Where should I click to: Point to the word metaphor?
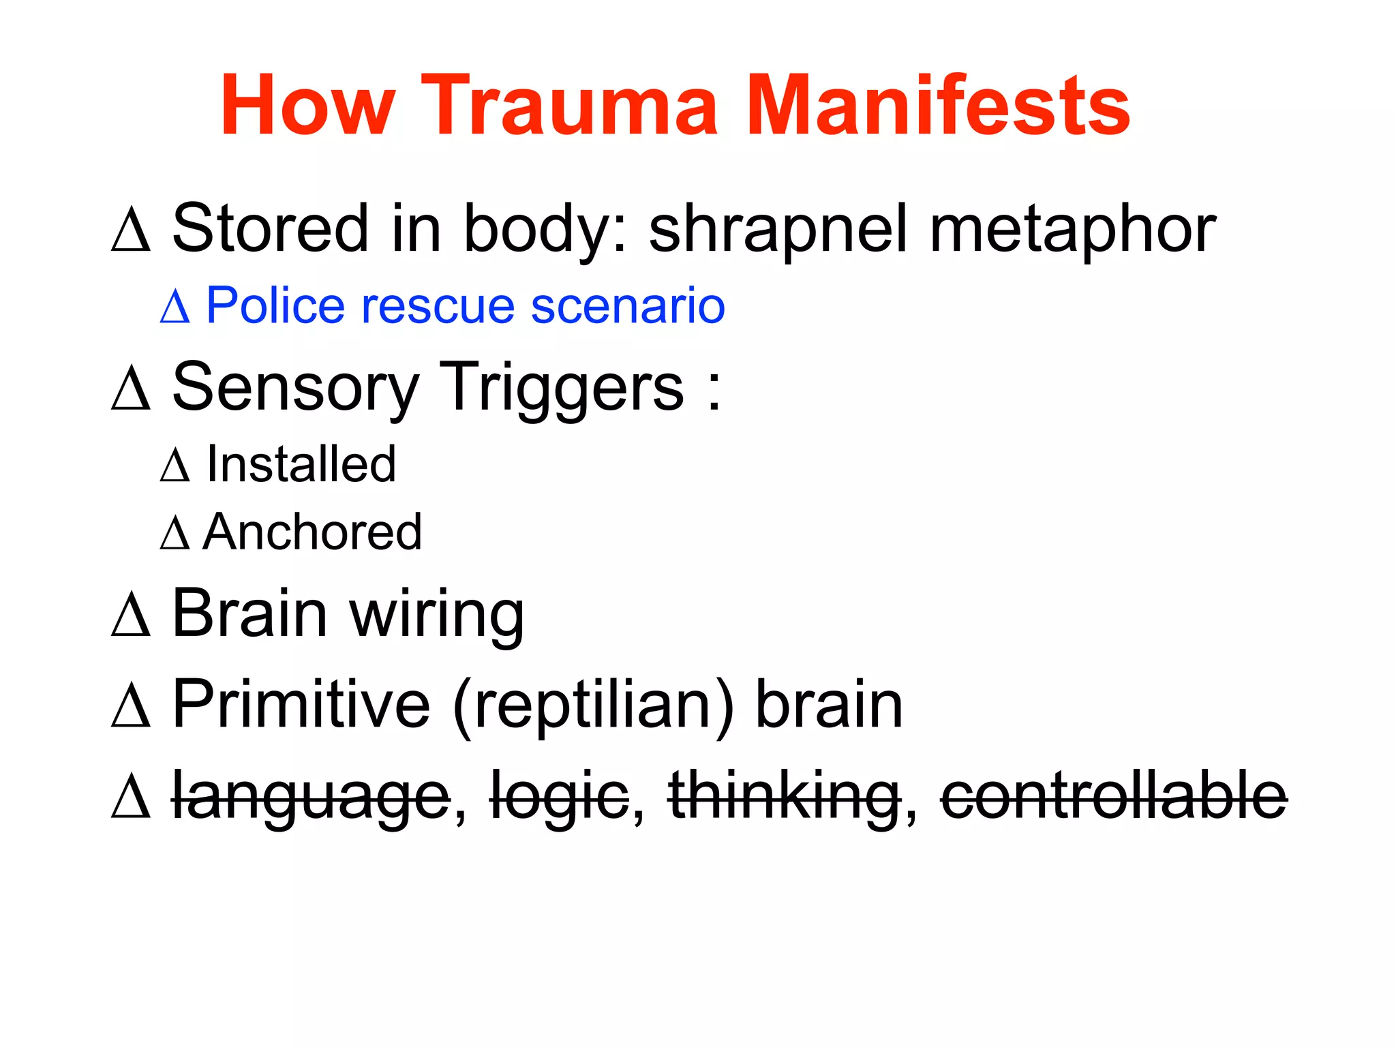tap(1073, 230)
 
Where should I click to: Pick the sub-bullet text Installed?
tap(301, 464)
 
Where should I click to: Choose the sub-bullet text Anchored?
tap(312, 532)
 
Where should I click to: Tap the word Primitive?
tap(301, 705)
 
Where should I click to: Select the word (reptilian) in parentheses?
tap(593, 706)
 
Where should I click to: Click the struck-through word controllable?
tap(1114, 796)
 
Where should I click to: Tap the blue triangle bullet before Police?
tap(174, 307)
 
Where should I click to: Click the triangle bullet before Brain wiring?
tap(130, 615)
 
